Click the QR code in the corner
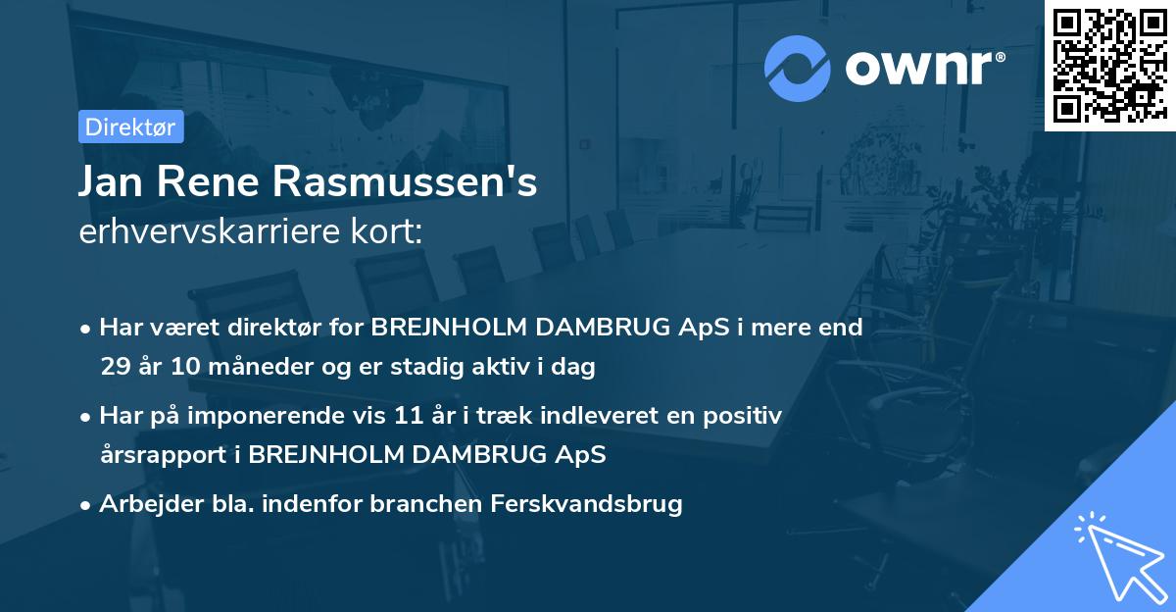1109,65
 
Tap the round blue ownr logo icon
797,68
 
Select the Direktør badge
130,127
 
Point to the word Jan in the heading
111,183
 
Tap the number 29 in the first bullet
115,367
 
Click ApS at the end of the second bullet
583,455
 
